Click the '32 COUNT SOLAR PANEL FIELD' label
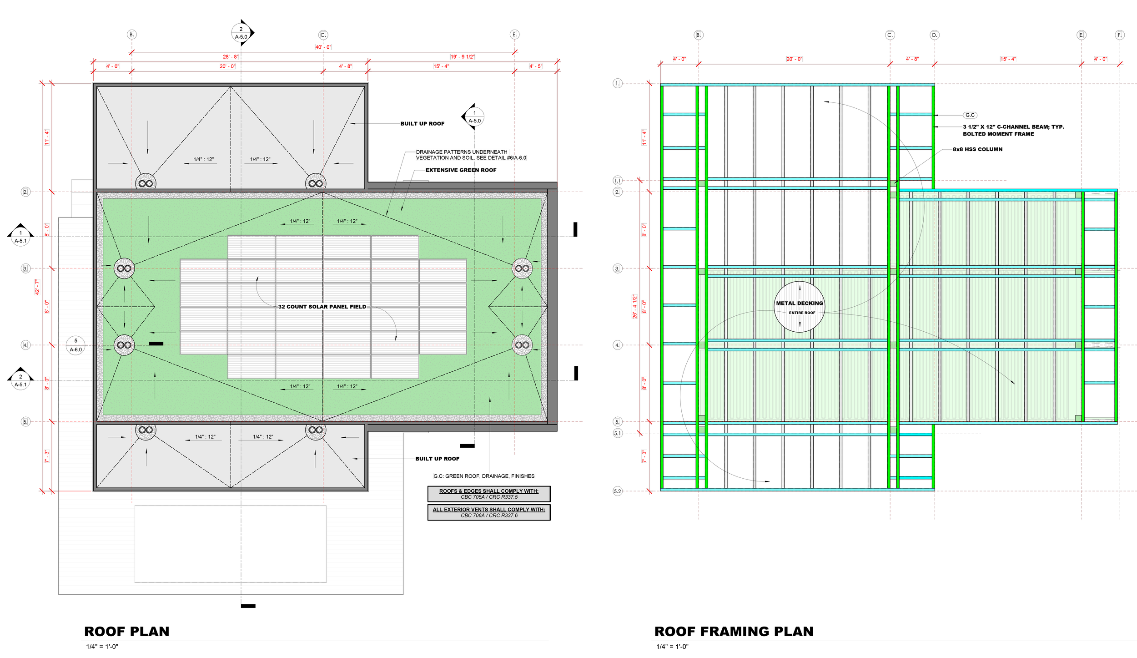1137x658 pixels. (322, 307)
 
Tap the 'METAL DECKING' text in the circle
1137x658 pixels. (800, 304)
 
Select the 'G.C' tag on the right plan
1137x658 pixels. (970, 115)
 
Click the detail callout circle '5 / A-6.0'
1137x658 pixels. (75, 345)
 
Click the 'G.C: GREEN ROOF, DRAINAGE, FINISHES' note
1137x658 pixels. (484, 476)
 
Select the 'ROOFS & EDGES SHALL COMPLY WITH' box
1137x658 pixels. (488, 494)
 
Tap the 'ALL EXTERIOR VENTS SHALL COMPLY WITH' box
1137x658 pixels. (488, 512)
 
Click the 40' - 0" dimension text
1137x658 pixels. (323, 47)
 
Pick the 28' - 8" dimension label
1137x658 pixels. (231, 57)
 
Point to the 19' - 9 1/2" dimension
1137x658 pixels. (463, 57)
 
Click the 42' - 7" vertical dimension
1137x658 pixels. (37, 287)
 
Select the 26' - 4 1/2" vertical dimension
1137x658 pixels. (635, 307)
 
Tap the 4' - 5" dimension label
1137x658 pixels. (536, 66)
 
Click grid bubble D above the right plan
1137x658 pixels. (934, 35)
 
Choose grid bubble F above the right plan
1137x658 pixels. (1120, 35)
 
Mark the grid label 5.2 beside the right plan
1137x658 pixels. (617, 491)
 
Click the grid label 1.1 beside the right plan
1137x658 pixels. (617, 181)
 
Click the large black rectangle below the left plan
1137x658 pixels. (230, 544)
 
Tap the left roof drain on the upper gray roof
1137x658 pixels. (146, 183)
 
